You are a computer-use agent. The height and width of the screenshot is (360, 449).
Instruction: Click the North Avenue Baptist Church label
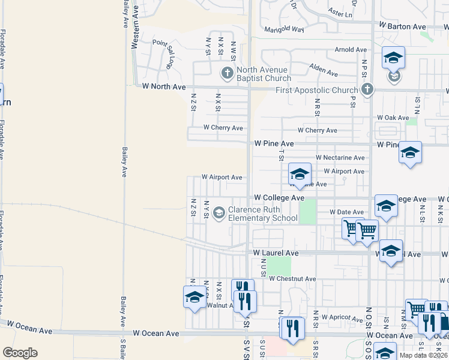(263, 74)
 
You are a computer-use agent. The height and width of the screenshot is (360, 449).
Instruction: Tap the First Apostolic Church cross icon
(368, 90)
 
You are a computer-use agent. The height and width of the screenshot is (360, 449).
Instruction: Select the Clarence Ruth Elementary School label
(262, 214)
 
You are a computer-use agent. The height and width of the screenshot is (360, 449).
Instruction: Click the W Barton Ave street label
(402, 26)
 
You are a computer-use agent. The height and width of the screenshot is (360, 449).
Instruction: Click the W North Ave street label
(164, 86)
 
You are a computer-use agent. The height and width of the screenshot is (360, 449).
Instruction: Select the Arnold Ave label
(351, 50)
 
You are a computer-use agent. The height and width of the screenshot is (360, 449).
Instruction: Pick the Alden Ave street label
(324, 71)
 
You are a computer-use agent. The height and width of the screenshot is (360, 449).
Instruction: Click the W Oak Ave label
(393, 118)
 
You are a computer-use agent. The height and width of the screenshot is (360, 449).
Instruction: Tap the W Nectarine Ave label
(340, 158)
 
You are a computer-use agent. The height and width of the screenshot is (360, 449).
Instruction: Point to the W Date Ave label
(346, 212)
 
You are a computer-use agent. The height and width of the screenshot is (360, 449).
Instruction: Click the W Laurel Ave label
(276, 254)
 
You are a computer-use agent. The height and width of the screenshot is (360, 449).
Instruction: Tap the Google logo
(20, 352)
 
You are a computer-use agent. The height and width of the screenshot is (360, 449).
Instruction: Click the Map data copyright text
(423, 355)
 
